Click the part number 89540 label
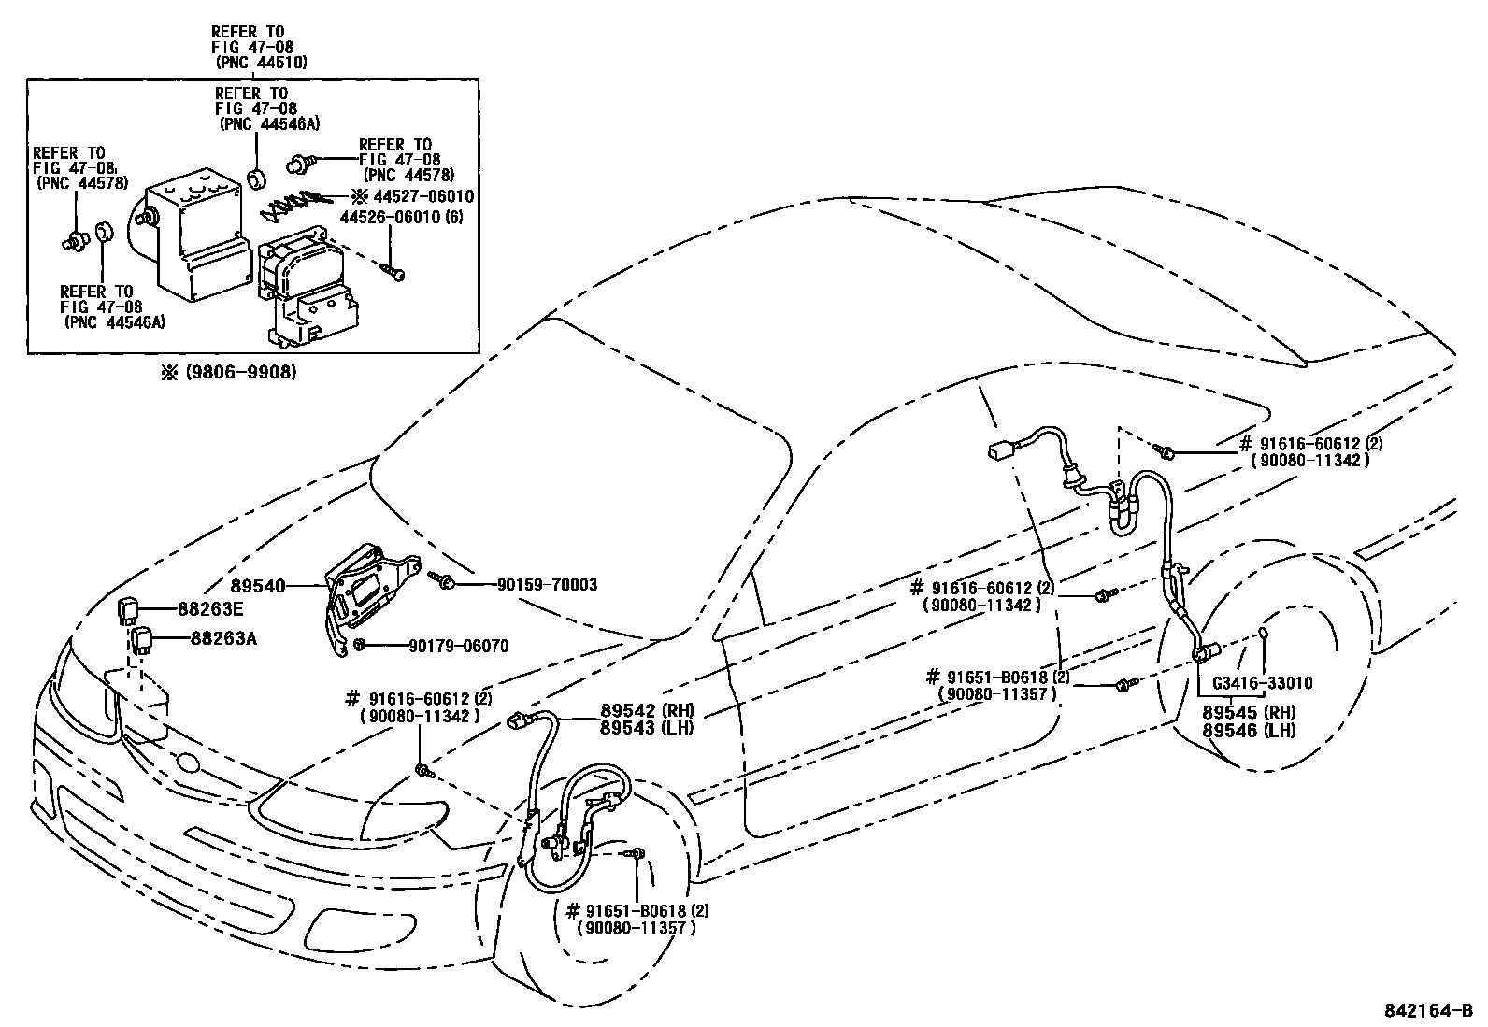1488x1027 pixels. click(x=257, y=586)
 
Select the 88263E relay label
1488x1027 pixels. click(x=210, y=609)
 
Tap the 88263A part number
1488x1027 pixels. click(x=210, y=639)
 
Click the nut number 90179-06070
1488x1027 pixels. click(x=458, y=646)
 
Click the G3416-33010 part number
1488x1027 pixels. click(x=1262, y=683)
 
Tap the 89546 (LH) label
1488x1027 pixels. click(x=1249, y=730)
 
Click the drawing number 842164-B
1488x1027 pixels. click(x=1428, y=1011)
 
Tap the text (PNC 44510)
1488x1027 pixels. click(x=260, y=62)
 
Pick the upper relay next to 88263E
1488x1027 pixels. click(x=130, y=609)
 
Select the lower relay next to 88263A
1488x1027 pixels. click(x=141, y=639)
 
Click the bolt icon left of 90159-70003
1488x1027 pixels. click(x=445, y=583)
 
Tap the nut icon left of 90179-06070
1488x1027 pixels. click(x=359, y=645)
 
